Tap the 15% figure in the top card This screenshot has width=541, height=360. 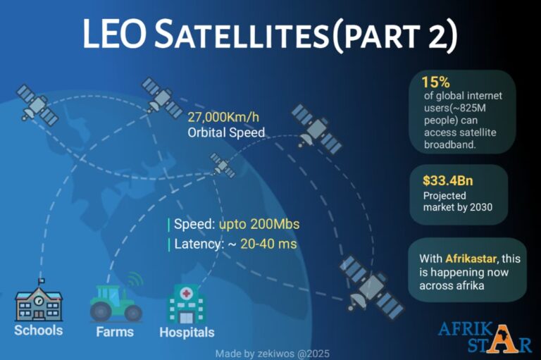click(x=436, y=81)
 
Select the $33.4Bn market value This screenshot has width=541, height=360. click(x=447, y=180)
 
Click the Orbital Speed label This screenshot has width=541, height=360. click(x=226, y=132)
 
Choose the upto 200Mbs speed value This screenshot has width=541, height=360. click(x=259, y=225)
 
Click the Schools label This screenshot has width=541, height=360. click(x=38, y=330)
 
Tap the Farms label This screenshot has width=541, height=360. click(x=114, y=331)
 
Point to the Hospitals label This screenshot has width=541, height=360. click(x=187, y=332)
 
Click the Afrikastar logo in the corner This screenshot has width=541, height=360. click(x=485, y=337)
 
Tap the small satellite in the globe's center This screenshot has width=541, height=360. click(x=223, y=166)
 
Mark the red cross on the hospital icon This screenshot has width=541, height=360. click(x=186, y=293)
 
